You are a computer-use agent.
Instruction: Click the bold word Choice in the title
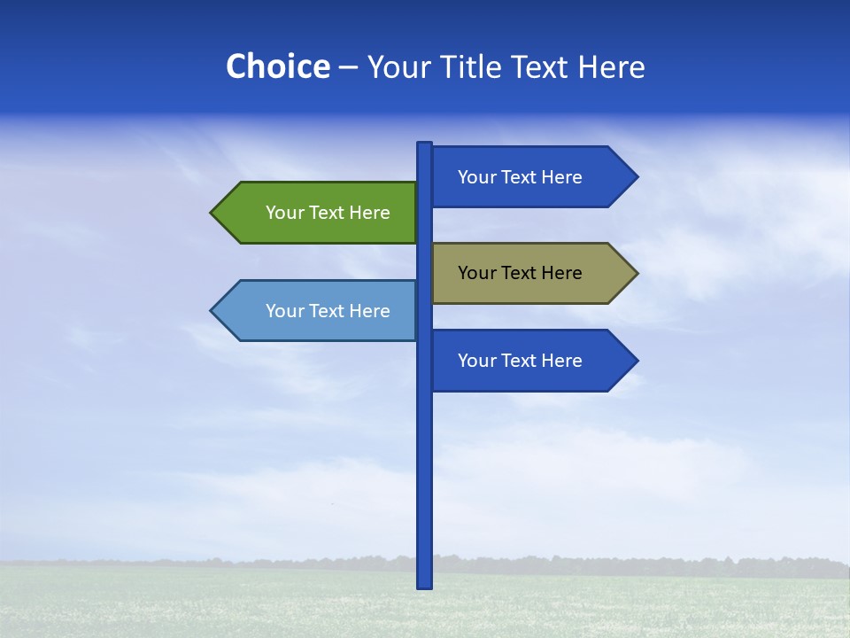277,66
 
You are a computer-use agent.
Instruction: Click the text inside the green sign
328,213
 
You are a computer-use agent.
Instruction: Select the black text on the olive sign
520,273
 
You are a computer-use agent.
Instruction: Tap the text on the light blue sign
328,311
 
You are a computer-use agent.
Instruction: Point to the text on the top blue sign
520,177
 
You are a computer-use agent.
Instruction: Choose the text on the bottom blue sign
520,361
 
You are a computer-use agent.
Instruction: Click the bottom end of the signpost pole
425,584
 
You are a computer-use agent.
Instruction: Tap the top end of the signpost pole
425,145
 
